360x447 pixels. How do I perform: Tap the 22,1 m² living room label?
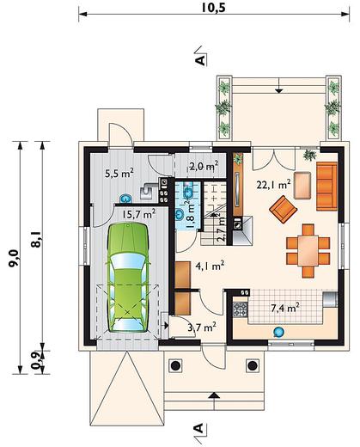click(273, 185)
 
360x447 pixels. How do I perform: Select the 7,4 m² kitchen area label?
click(285, 308)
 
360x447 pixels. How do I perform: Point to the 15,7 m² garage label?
click(139, 214)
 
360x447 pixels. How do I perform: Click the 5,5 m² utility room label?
click(119, 173)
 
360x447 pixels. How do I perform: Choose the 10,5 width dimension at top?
click(213, 8)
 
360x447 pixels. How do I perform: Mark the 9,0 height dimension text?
click(14, 258)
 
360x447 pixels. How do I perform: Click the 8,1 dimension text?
click(37, 240)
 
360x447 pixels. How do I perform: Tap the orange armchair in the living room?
click(283, 209)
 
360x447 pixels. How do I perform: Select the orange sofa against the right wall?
click(326, 187)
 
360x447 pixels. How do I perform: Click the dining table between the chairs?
click(308, 251)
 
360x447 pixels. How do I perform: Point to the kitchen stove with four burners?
click(240, 309)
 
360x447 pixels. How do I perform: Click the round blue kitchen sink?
click(278, 332)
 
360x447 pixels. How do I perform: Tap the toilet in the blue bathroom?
click(188, 192)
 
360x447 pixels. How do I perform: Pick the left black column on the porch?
click(175, 365)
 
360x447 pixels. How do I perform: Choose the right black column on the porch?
click(252, 365)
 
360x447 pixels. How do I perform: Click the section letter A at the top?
click(201, 60)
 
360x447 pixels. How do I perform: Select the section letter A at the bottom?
click(198, 428)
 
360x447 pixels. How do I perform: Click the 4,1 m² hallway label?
click(210, 266)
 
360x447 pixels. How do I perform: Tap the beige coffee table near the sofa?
click(302, 186)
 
